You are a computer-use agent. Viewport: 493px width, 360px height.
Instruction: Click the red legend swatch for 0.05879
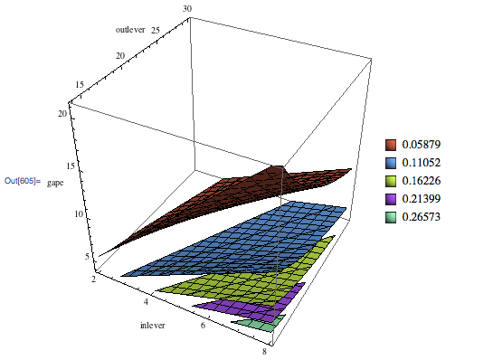tap(391, 145)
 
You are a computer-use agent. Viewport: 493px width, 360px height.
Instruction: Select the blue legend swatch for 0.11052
tap(391, 163)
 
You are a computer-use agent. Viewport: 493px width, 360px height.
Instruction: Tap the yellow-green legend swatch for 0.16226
tap(391, 181)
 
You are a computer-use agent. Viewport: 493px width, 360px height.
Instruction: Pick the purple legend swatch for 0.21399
tap(391, 199)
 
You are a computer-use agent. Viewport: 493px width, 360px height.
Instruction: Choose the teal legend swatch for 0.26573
tap(391, 217)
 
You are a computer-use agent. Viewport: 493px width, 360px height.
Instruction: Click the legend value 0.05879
tap(422, 145)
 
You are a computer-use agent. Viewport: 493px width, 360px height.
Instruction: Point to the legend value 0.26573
tap(422, 217)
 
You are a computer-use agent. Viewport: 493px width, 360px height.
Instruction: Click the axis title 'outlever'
tap(130, 30)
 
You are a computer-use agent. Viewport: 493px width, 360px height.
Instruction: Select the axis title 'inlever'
tap(153, 325)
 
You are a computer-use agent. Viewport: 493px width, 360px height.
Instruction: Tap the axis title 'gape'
tap(55, 183)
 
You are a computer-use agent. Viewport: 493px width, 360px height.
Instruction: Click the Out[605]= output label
tap(23, 181)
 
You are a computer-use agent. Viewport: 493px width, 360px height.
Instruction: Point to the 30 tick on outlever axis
tap(187, 9)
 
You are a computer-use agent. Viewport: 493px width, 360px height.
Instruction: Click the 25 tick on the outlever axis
tap(156, 30)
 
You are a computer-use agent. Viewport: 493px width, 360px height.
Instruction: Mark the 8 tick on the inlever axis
tap(264, 351)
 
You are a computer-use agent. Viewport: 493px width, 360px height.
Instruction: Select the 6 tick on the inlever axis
tap(204, 325)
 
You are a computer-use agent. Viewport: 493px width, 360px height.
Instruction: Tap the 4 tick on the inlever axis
tap(146, 302)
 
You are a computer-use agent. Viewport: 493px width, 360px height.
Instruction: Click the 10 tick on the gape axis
tap(79, 214)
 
